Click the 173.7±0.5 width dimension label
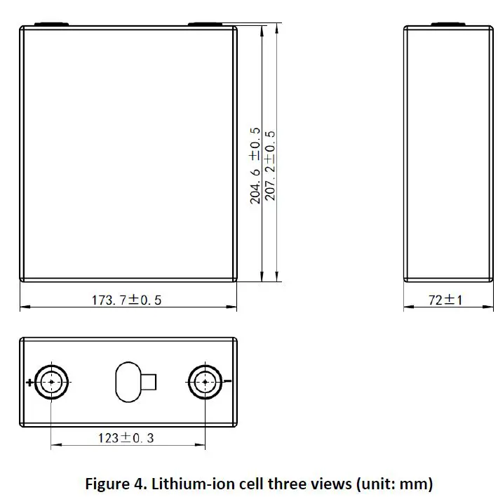coord(127,300)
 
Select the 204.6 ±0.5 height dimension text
coord(255,166)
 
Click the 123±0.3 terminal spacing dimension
coord(127,437)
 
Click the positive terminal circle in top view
coord(51,382)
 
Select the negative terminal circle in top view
coord(205,382)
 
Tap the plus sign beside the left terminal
coord(29,383)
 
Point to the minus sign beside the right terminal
coord(227,382)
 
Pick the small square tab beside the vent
coord(149,382)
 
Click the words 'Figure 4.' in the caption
coord(111,484)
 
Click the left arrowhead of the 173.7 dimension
coord(23,307)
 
